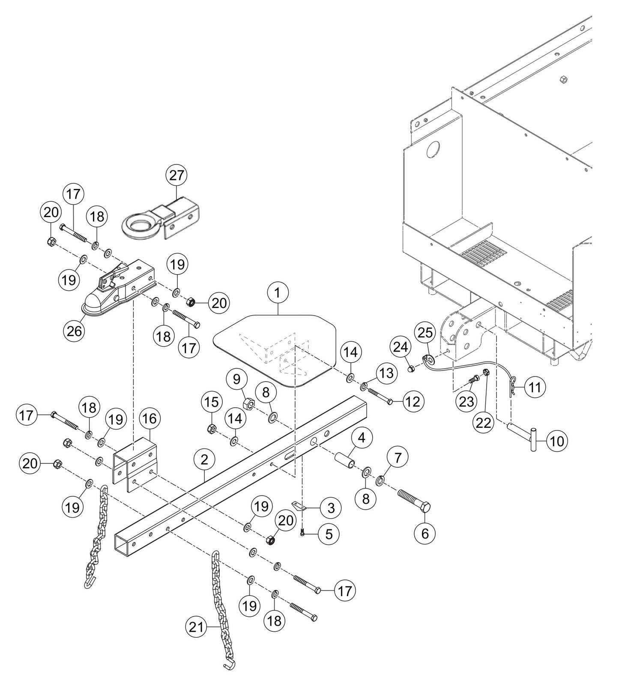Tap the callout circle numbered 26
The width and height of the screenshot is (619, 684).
tap(75, 331)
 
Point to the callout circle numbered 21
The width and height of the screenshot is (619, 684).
tap(196, 627)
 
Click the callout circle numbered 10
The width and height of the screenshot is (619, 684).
tap(557, 441)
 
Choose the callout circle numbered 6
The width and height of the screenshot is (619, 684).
tap(425, 533)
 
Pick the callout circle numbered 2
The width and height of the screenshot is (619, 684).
tap(204, 460)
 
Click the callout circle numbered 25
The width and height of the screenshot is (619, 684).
tap(425, 332)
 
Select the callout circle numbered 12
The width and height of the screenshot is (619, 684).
tap(413, 401)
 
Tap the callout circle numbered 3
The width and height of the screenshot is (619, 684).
tap(331, 508)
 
